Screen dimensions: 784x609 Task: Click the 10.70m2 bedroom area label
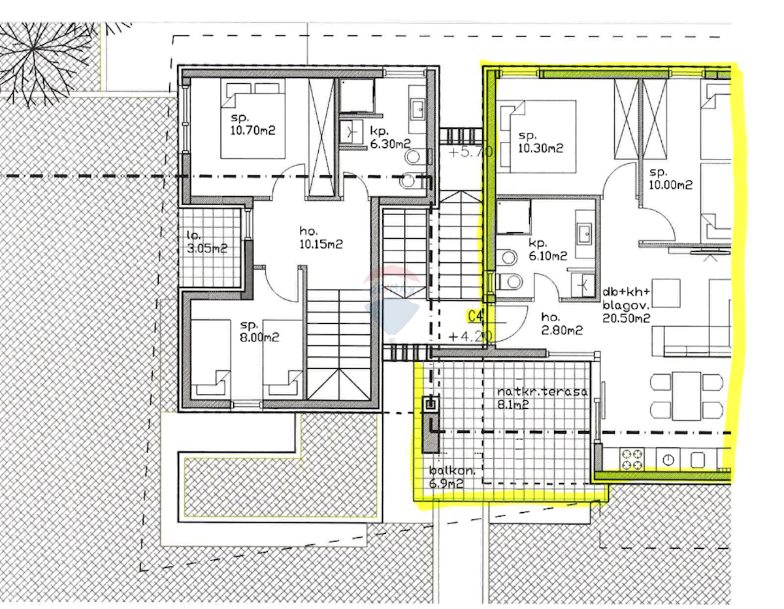click(x=253, y=130)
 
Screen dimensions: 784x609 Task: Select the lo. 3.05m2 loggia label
click(x=206, y=242)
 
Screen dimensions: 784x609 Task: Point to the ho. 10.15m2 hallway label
click(x=321, y=237)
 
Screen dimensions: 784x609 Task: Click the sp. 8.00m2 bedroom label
click(x=259, y=331)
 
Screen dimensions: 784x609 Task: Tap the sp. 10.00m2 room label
click(x=671, y=179)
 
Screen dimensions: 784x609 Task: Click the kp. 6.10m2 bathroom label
click(x=547, y=249)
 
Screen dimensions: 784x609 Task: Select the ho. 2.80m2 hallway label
click(x=562, y=324)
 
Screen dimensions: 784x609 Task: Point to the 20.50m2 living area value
click(x=627, y=318)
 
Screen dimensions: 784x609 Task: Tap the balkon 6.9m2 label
click(x=452, y=477)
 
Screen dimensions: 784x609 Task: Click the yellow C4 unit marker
click(x=476, y=317)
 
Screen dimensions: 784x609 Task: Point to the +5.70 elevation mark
click(x=470, y=152)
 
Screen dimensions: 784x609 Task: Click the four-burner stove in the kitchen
click(x=632, y=459)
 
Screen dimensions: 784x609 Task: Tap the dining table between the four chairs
click(x=686, y=396)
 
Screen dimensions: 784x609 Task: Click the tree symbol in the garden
click(x=43, y=58)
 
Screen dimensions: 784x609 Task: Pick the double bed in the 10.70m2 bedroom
click(x=253, y=118)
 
